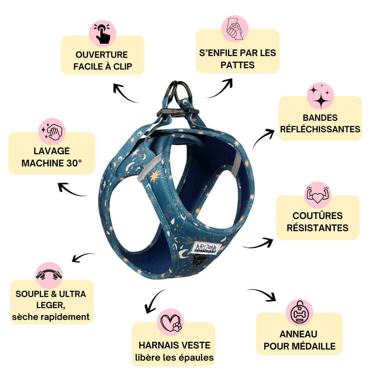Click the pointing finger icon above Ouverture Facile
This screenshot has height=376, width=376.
point(102,33)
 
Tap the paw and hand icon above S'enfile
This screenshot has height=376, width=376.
point(235,29)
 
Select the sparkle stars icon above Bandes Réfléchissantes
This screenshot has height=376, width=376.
point(320,96)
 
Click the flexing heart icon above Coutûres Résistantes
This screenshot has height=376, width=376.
point(318,195)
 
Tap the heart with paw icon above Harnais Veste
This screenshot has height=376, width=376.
point(171,322)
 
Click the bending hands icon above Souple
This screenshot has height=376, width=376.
point(49,275)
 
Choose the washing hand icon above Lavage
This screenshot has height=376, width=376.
point(52,131)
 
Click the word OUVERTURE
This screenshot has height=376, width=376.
point(102,55)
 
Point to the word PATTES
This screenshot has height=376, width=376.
point(238,65)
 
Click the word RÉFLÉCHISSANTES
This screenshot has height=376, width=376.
point(320,129)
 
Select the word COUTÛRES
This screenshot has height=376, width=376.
point(318,216)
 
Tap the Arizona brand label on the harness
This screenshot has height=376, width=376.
point(205,248)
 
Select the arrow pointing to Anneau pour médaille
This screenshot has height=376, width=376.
point(262,295)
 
